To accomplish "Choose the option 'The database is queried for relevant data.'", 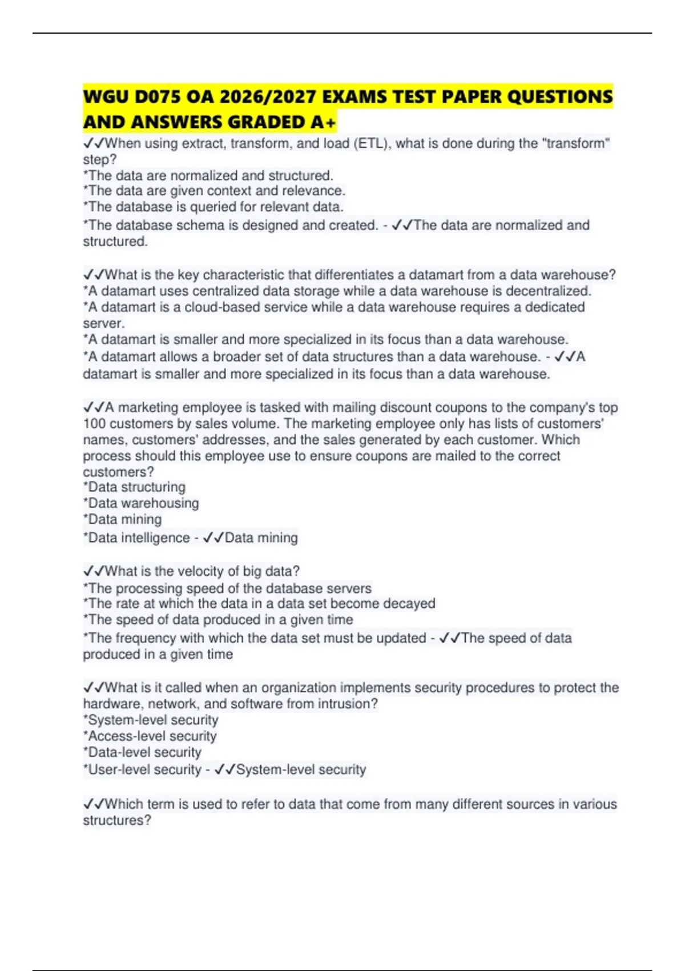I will pos(213,207).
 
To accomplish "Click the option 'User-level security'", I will pos(143,770).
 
